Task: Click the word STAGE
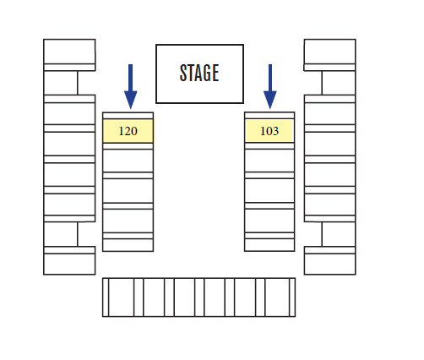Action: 199,73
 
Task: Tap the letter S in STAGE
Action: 183,73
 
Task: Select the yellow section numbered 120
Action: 128,131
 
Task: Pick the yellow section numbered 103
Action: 269,131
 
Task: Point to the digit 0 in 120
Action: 134,131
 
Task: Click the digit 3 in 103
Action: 275,131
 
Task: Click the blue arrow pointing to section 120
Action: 131,86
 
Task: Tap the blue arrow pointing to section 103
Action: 270,86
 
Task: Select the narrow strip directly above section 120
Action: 128,116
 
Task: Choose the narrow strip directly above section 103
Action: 269,116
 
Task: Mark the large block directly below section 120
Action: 128,161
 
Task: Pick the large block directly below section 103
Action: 269,161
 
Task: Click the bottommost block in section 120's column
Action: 128,245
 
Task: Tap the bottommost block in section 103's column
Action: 269,245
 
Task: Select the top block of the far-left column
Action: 69,52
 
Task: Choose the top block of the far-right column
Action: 329,52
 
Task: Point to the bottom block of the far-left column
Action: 69,264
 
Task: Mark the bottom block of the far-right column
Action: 329,264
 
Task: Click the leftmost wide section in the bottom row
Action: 122,297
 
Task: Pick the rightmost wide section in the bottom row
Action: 277,297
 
